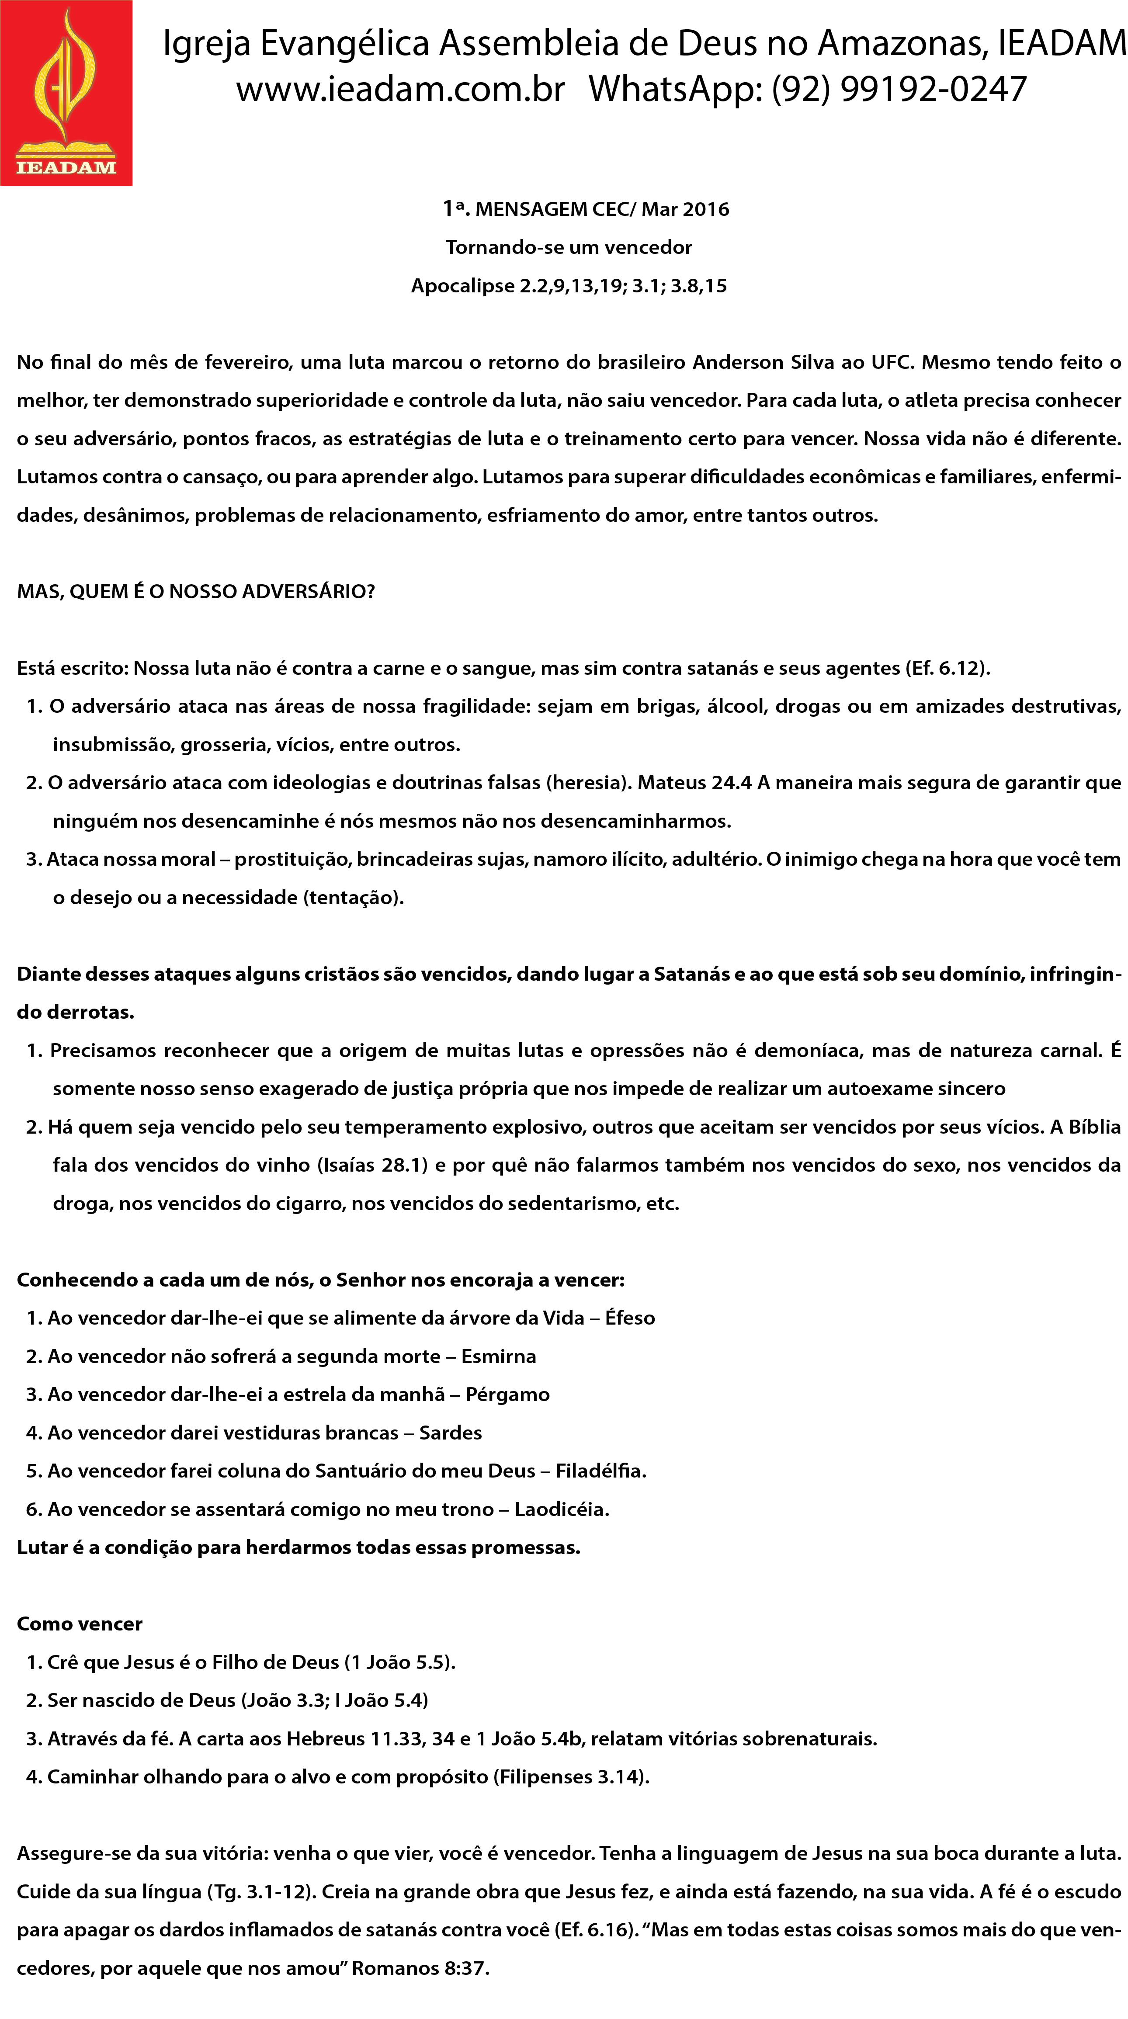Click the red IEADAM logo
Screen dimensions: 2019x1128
click(x=66, y=93)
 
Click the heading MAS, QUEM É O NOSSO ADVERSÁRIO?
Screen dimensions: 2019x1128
click(x=196, y=592)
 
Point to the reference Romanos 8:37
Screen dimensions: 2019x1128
click(x=420, y=1968)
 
